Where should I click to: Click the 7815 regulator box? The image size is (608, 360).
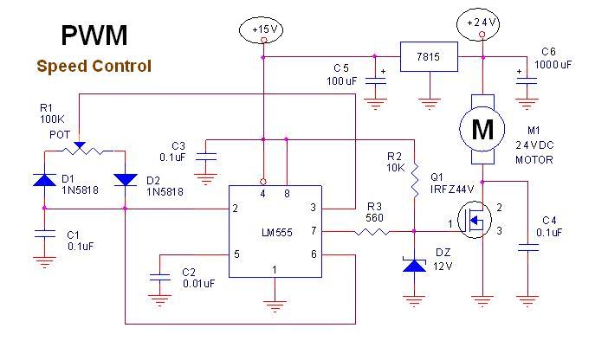pyautogui.click(x=429, y=56)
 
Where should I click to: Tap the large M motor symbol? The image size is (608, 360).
pyautogui.click(x=482, y=130)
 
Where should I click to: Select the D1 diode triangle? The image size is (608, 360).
pyautogui.click(x=44, y=180)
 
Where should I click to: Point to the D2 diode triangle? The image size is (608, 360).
pyautogui.click(x=125, y=180)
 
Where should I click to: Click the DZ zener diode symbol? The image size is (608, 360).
pyautogui.click(x=414, y=265)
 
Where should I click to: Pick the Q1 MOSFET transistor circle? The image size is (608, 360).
pyautogui.click(x=475, y=220)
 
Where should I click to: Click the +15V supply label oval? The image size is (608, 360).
pyautogui.click(x=261, y=29)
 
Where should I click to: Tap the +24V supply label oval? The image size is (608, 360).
pyautogui.click(x=478, y=23)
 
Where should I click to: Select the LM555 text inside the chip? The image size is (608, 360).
pyautogui.click(x=277, y=233)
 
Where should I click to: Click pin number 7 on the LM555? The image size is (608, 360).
pyautogui.click(x=314, y=231)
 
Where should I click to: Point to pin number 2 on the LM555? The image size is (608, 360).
pyautogui.click(x=235, y=209)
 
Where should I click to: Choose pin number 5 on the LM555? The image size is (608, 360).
pyautogui.click(x=236, y=254)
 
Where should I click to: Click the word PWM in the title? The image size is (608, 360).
pyautogui.click(x=94, y=35)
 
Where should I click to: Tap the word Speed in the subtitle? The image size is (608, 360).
pyautogui.click(x=62, y=67)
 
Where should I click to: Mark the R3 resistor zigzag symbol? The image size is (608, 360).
pyautogui.click(x=372, y=232)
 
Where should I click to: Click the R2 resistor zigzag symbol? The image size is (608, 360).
pyautogui.click(x=414, y=180)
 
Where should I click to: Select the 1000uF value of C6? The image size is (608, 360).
pyautogui.click(x=553, y=64)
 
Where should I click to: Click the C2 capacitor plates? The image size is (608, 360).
pyautogui.click(x=159, y=277)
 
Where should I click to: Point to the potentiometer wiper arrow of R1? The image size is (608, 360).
pyautogui.click(x=80, y=145)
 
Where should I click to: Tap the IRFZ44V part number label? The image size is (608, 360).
pyautogui.click(x=452, y=190)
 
